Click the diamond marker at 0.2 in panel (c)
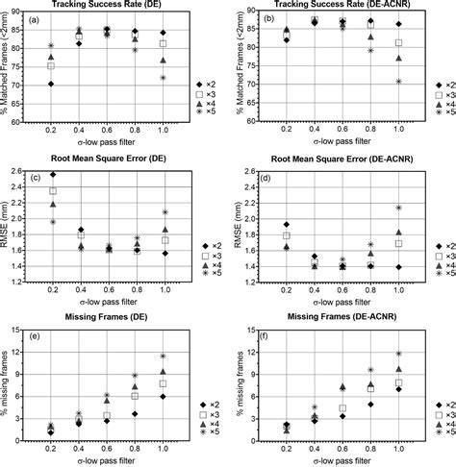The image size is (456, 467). click(x=51, y=174)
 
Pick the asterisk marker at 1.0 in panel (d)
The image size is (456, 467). click(x=399, y=208)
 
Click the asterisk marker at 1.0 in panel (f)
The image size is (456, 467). click(x=399, y=354)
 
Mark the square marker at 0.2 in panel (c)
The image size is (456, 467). click(x=51, y=191)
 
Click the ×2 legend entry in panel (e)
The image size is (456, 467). click(x=203, y=406)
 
